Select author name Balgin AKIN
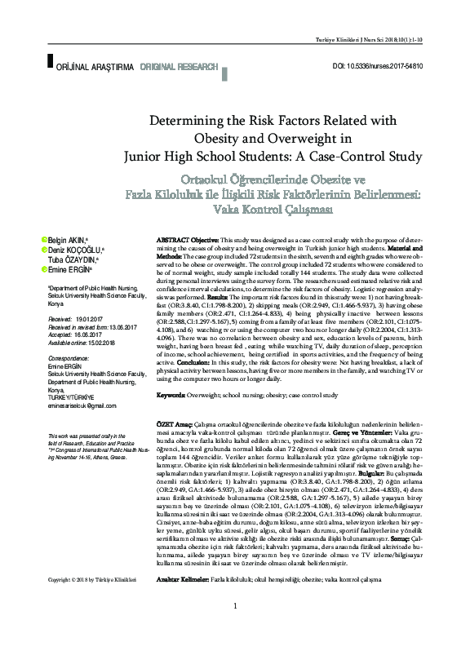tap(71, 239)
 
